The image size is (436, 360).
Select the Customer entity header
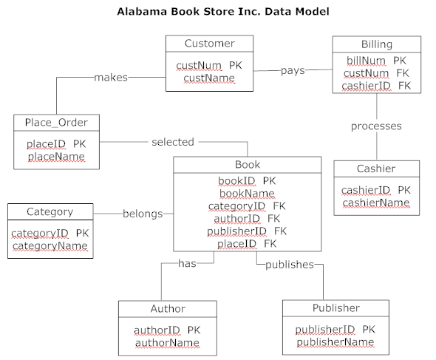tap(209, 44)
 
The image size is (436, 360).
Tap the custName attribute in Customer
tap(209, 78)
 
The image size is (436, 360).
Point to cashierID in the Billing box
tap(366, 86)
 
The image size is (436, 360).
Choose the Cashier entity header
tap(375, 169)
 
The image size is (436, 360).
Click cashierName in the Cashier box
tap(375, 203)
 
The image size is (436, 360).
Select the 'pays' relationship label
tap(293, 70)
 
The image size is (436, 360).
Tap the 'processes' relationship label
tap(376, 126)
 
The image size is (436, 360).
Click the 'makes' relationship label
tap(111, 77)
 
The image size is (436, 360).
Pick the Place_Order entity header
tap(56, 122)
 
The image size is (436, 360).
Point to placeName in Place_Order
tap(56, 157)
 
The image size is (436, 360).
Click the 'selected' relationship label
tap(172, 141)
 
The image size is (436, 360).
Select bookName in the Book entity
tap(248, 193)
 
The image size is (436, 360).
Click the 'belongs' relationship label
tap(143, 214)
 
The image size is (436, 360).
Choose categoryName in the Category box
tap(50, 245)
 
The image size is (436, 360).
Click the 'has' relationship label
tap(187, 264)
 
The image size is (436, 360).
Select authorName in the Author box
tap(167, 342)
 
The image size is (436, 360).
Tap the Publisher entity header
tap(335, 308)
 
